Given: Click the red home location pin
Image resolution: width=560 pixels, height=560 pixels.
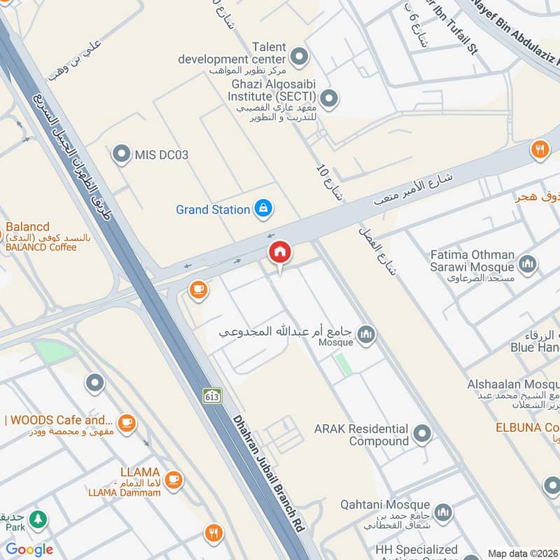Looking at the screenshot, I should coord(280,253).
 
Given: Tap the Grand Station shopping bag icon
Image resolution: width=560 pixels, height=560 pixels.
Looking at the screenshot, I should coord(264,208).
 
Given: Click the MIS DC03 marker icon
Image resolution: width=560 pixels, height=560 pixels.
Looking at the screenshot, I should coord(122,154).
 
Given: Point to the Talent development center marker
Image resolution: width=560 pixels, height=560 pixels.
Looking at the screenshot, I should coord(299,55).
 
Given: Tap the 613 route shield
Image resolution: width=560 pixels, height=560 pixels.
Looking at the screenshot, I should coord(213,395).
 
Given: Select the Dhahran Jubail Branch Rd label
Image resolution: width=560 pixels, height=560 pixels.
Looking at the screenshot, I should coord(269,476).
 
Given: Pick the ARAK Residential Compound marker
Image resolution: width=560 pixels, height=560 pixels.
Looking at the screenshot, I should coord(421,434).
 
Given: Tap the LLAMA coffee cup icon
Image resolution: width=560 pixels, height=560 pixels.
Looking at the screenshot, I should coord(174,479).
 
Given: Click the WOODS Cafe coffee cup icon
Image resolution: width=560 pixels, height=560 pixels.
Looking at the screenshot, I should coord(126,421).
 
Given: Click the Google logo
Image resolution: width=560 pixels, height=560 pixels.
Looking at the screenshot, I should coord(29,549).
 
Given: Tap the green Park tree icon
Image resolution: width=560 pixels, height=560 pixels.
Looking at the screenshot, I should coord(38,519).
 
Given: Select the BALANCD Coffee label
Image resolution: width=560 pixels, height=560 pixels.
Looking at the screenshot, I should coord(42,246).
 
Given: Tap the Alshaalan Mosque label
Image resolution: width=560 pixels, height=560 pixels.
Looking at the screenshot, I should coord(513,384).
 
